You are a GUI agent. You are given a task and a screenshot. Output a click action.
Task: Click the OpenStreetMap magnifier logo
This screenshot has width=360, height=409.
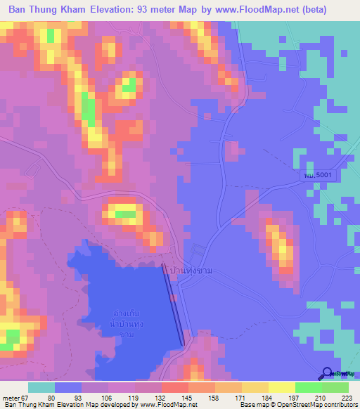coord(327,375)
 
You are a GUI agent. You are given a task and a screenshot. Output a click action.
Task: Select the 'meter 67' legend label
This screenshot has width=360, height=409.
coord(15,396)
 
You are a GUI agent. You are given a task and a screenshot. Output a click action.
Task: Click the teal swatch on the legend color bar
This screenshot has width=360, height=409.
coord(41,387)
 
